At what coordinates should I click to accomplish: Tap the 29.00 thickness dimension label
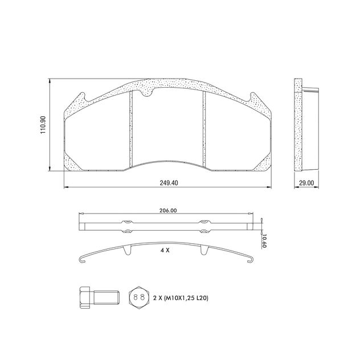(306, 183)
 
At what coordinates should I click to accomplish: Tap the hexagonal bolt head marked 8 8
(137, 297)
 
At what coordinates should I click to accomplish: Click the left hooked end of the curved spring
(81, 261)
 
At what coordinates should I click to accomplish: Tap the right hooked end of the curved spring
(252, 261)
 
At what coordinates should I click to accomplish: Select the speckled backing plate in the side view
(296, 125)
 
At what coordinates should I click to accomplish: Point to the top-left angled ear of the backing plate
(79, 100)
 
